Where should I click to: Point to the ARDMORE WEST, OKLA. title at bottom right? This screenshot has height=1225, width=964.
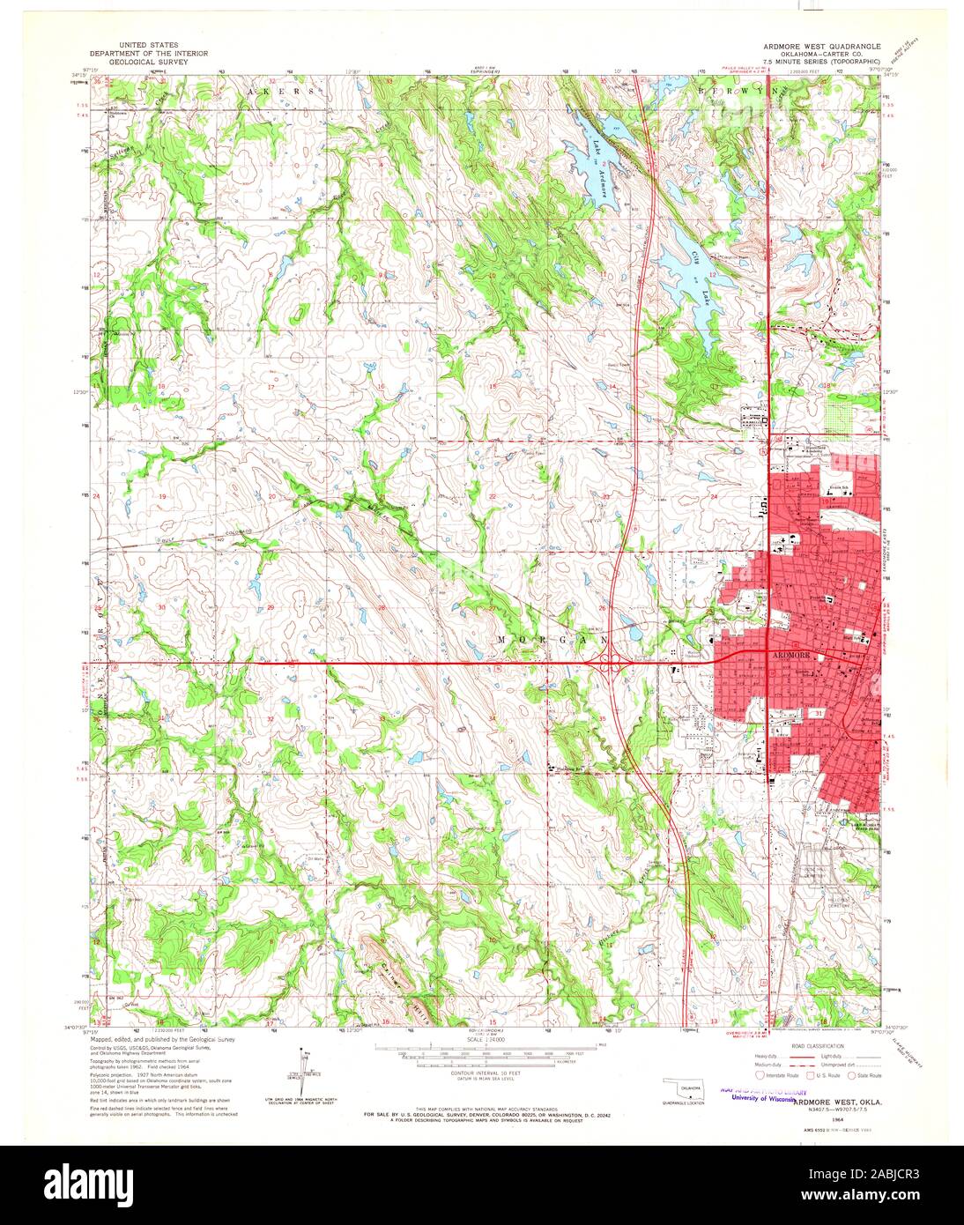pyautogui.click(x=836, y=1102)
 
